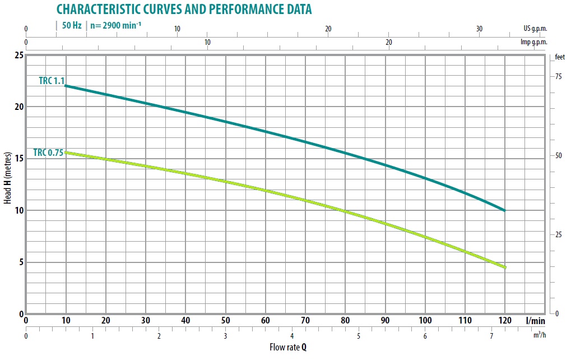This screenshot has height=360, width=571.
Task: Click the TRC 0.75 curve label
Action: (x=49, y=152)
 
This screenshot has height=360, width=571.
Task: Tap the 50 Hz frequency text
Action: (x=72, y=26)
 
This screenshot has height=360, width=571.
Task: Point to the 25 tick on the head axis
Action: (x=18, y=55)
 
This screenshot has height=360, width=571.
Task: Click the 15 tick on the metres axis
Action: (x=18, y=159)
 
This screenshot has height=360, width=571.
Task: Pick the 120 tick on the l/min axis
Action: (x=505, y=321)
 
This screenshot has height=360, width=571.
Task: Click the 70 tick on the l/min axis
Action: (x=305, y=321)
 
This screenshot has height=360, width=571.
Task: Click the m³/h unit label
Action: (x=539, y=335)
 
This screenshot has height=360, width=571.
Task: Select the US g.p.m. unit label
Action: (x=535, y=29)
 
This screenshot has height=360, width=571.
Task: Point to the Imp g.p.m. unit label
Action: (x=533, y=43)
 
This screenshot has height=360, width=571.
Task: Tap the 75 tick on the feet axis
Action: (x=558, y=76)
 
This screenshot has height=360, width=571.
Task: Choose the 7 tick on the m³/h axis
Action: (x=492, y=336)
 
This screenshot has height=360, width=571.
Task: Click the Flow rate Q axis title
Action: (x=288, y=347)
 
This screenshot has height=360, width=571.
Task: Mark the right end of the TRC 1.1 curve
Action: (x=504, y=210)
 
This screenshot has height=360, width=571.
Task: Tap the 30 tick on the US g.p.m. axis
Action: (x=479, y=29)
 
